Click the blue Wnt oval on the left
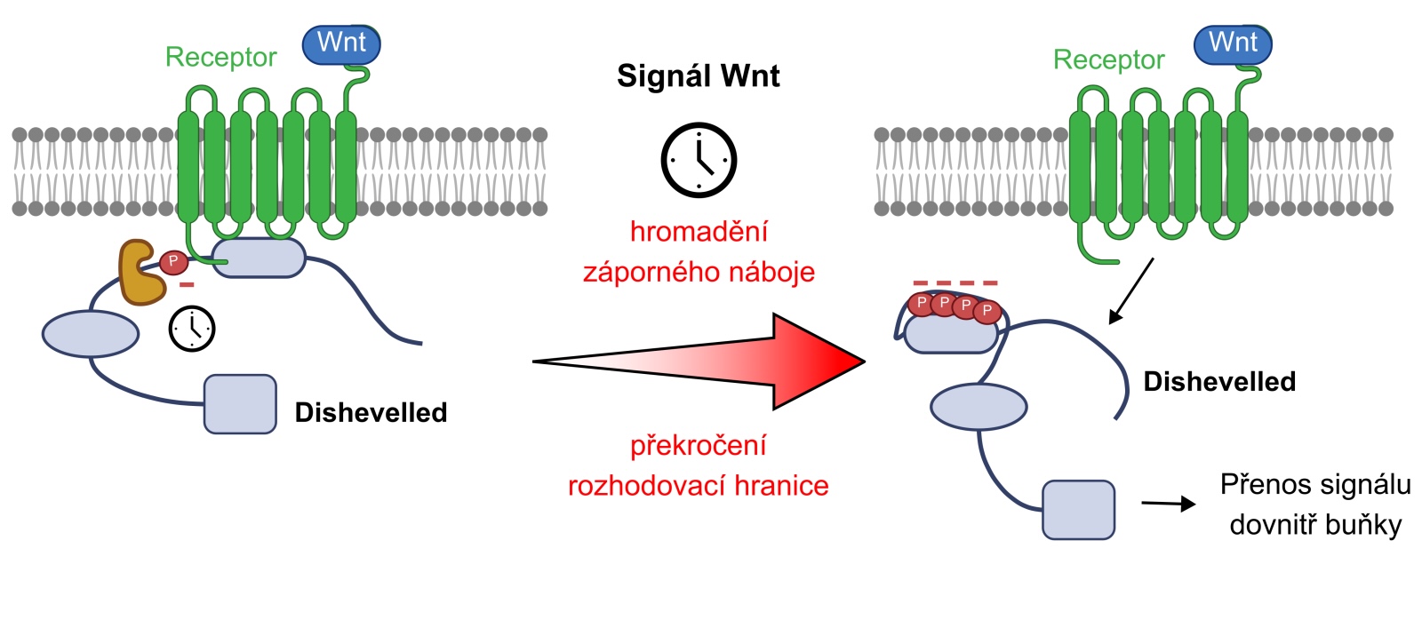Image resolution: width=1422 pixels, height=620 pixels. point(341,44)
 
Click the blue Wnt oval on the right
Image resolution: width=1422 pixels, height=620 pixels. point(1233,44)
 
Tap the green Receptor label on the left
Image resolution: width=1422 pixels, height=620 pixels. point(221,58)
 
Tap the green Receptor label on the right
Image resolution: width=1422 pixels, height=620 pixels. point(1108,60)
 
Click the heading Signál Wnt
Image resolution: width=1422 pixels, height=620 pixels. point(699,76)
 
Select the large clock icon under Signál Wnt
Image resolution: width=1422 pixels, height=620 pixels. point(699,160)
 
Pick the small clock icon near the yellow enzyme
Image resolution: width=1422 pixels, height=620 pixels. point(192,329)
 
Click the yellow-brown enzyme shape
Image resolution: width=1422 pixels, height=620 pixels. point(142,272)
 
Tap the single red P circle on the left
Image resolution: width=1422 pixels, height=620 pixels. point(173,262)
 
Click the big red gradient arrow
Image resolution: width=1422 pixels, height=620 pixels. point(699,362)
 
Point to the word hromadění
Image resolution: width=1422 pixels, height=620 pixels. point(699,232)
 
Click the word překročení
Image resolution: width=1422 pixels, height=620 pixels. point(699,446)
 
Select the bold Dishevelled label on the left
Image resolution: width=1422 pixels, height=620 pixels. point(371,412)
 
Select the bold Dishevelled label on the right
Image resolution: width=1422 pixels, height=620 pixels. point(1219,382)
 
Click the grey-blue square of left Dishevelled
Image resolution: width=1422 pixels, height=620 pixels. point(240,404)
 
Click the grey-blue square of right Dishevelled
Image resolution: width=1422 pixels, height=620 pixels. point(1079,510)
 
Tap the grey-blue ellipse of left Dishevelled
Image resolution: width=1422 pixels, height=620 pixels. point(91,334)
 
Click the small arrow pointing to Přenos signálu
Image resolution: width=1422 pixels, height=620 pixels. point(1169,504)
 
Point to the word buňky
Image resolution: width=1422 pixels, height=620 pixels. point(1364,526)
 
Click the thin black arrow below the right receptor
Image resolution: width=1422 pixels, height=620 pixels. point(1131,290)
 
